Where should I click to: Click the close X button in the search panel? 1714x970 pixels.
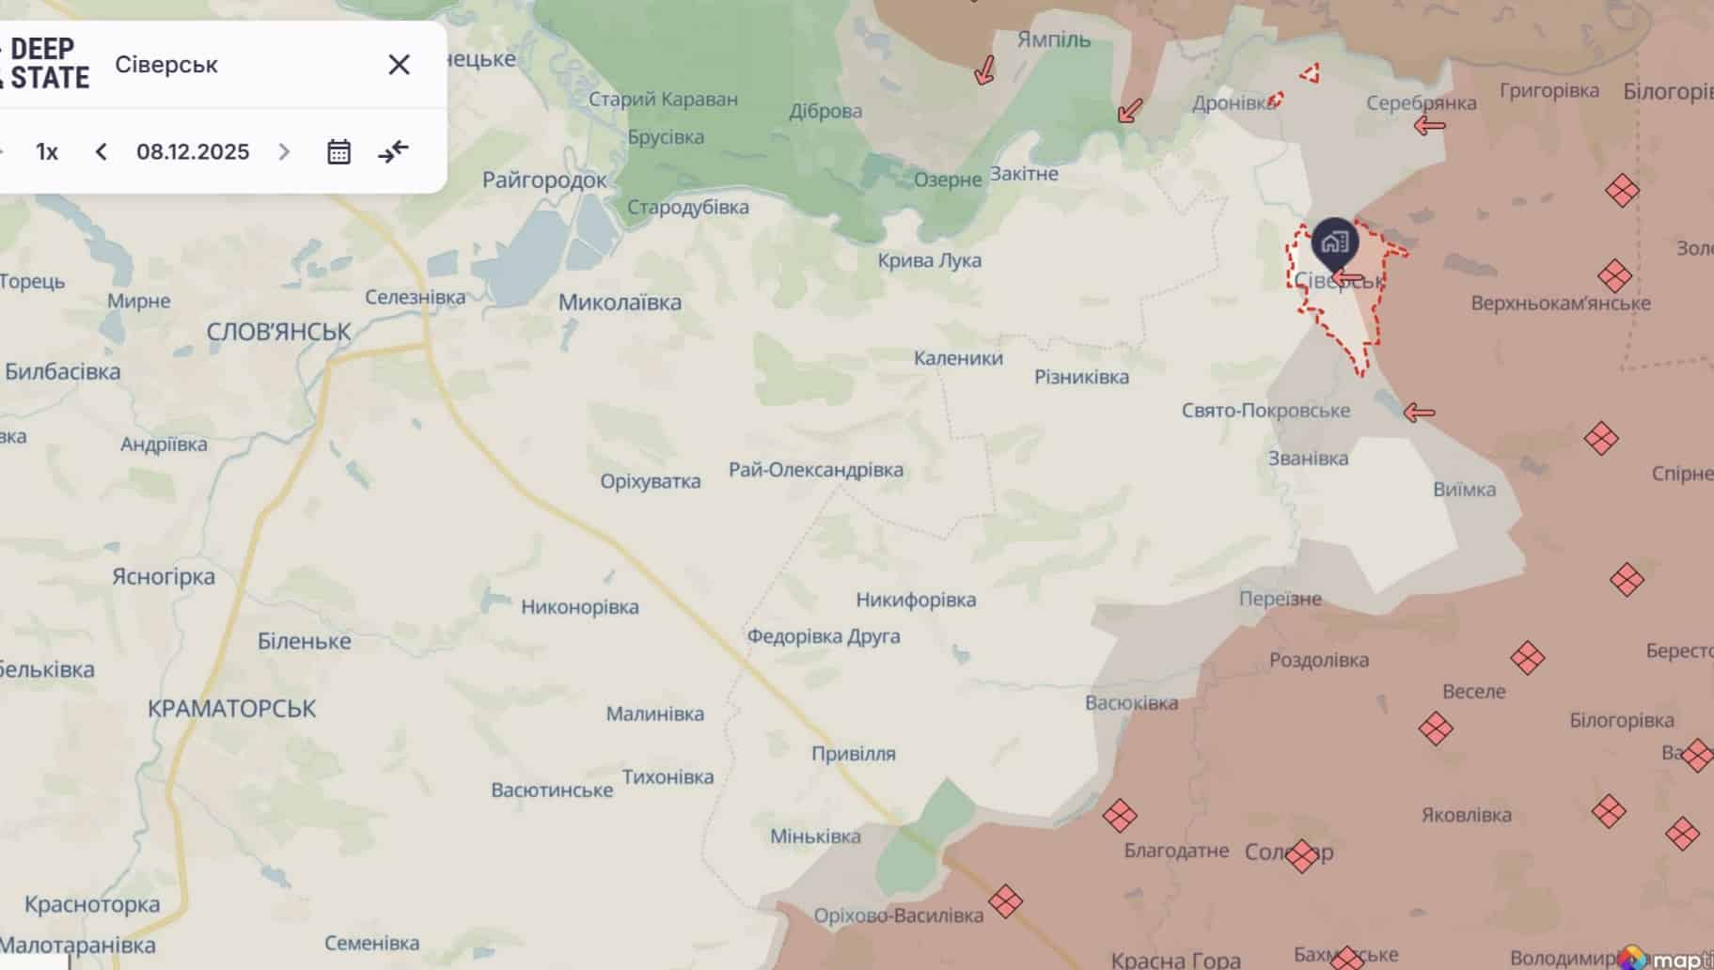click(x=399, y=65)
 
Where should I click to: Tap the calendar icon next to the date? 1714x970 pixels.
click(x=338, y=152)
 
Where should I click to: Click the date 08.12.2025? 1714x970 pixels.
click(x=193, y=152)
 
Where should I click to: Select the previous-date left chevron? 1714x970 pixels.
click(x=102, y=152)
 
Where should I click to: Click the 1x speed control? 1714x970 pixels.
click(x=47, y=152)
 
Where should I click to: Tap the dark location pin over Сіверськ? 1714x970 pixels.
click(x=1334, y=242)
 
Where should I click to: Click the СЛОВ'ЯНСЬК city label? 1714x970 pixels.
click(x=278, y=332)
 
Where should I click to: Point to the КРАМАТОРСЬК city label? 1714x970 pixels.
click(x=231, y=709)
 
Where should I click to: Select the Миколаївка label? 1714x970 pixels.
click(x=620, y=303)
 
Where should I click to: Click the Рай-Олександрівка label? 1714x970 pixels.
click(x=815, y=470)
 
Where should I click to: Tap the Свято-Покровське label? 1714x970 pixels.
click(x=1266, y=411)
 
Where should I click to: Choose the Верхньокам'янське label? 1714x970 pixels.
click(x=1560, y=304)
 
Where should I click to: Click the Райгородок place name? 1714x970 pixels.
click(x=544, y=180)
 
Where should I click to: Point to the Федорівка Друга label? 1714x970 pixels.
click(x=823, y=636)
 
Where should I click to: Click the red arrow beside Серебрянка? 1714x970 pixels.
click(x=1429, y=125)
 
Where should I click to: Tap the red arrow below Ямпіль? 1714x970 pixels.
click(x=984, y=70)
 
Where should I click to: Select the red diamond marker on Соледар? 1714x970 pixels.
click(x=1301, y=855)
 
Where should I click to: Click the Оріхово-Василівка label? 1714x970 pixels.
click(x=898, y=915)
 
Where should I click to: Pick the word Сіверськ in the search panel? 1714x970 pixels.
click(x=166, y=65)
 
